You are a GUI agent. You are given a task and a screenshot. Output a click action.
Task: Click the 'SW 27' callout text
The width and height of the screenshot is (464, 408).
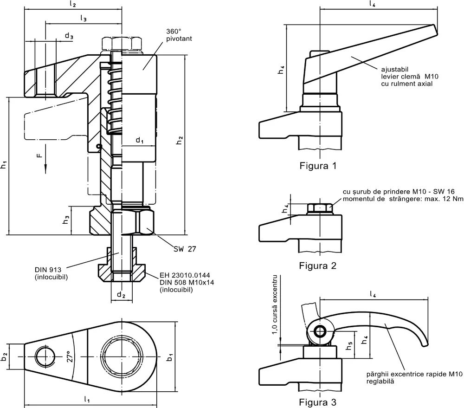click(185, 249)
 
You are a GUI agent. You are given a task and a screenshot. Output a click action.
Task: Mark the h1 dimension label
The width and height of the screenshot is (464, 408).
click(4, 164)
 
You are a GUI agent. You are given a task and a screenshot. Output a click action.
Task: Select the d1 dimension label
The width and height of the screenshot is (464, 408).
click(139, 140)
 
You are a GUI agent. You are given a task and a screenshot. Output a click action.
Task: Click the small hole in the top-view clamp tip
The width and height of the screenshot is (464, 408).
click(44, 355)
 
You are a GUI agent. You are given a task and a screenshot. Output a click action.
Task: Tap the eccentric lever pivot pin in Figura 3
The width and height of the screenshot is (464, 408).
click(319, 331)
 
